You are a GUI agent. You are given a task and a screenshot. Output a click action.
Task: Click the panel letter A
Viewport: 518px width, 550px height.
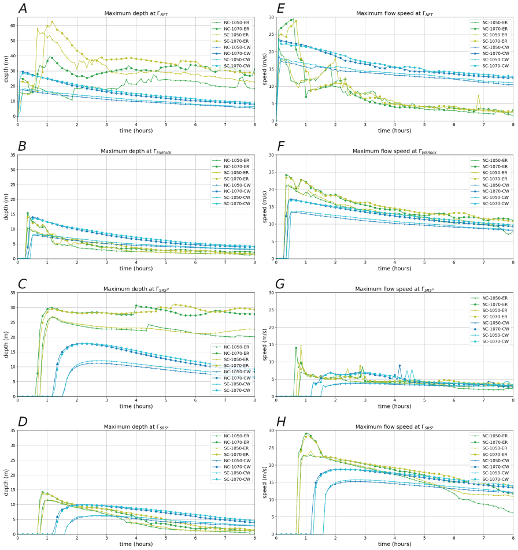coord(23,9)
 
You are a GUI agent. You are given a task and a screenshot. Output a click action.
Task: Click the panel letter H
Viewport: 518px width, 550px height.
coord(281,422)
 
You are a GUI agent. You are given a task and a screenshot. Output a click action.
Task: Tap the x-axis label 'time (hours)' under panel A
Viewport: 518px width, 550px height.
coord(136,131)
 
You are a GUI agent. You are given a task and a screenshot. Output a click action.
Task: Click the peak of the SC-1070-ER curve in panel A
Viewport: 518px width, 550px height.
coord(52,22)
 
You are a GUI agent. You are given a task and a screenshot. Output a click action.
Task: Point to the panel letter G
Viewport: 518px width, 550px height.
coord(281,284)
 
